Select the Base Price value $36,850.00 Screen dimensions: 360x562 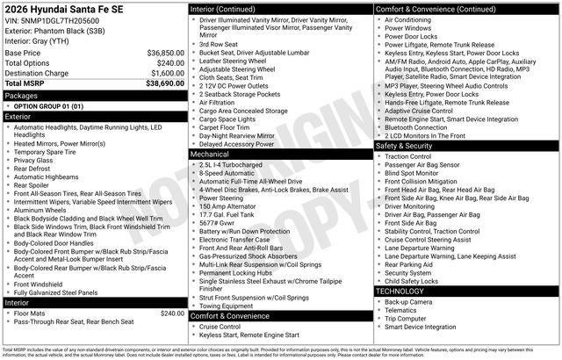click(165, 53)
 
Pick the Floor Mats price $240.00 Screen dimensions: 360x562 click(171, 313)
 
